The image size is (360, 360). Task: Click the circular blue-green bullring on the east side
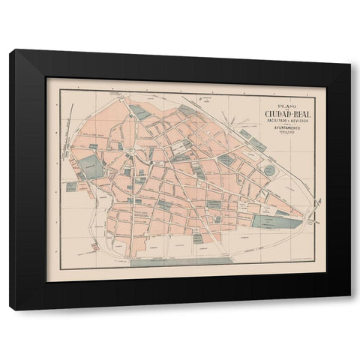(268, 170)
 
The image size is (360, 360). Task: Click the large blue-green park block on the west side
(92, 166)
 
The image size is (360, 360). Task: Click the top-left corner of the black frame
(10, 50)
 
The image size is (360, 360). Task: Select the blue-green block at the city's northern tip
(140, 112)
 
